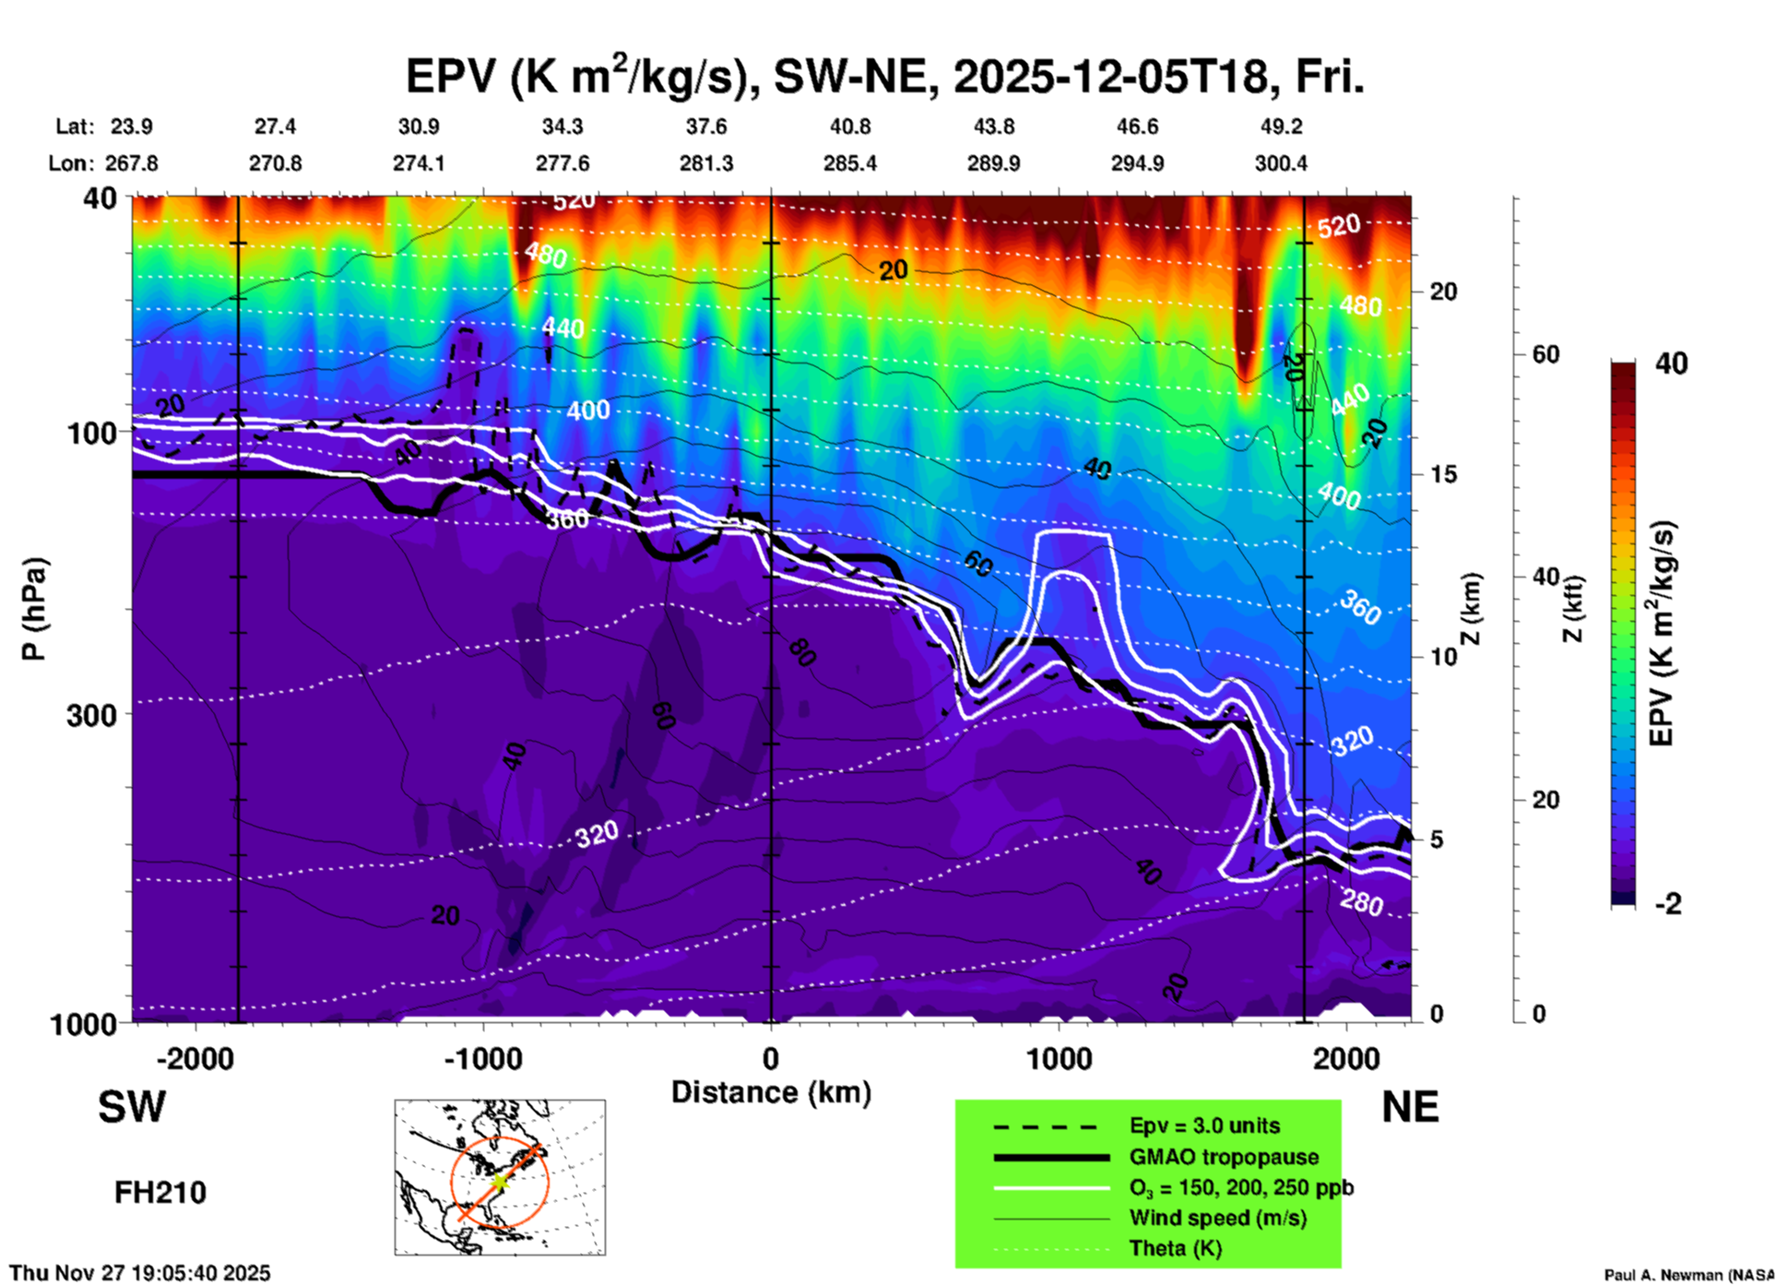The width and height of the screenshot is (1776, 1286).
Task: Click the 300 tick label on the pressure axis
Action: (91, 715)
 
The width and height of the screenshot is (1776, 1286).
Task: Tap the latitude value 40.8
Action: (849, 126)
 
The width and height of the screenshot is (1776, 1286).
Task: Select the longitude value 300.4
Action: (1280, 163)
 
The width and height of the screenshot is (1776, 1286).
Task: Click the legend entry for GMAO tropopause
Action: (1224, 1157)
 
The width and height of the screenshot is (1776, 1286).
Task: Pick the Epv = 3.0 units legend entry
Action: (1204, 1125)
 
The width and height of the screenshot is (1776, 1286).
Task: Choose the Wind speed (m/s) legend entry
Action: (1217, 1218)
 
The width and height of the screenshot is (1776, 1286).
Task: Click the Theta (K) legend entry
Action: (1176, 1248)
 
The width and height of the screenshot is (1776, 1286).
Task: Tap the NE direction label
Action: (1410, 1107)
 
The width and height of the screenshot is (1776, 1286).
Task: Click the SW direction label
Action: (132, 1107)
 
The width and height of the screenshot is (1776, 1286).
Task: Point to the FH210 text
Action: (160, 1193)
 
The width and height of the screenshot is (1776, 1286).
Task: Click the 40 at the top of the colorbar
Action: (1671, 363)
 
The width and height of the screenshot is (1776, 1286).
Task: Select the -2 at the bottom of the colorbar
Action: (1668, 904)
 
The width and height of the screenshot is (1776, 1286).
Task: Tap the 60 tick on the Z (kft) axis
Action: (1545, 354)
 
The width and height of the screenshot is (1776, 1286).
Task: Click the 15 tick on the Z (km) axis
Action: (1442, 474)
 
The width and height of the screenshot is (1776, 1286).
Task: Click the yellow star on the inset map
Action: (499, 1181)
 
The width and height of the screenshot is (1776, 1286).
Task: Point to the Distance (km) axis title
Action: (771, 1092)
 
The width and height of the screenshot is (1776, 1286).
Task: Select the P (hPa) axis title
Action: (34, 609)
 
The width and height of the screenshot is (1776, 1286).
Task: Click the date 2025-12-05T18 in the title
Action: (1110, 77)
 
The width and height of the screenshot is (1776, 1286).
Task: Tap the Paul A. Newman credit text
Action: (1688, 1275)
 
